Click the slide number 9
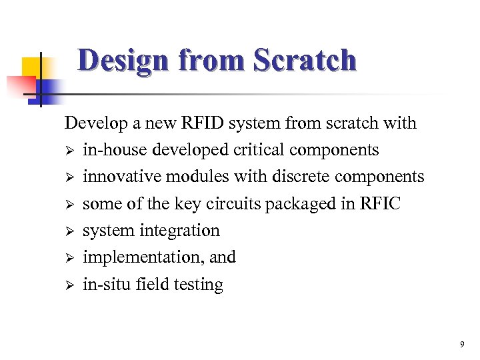[x=461, y=345]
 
